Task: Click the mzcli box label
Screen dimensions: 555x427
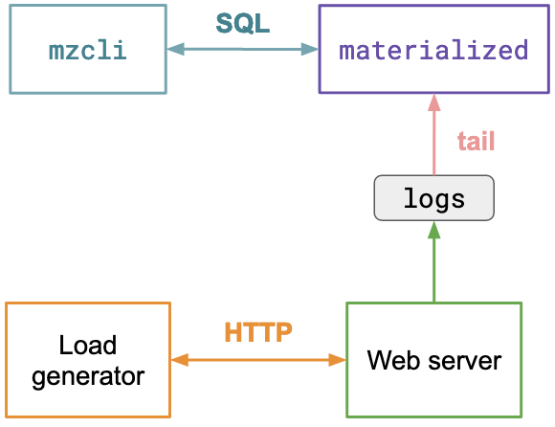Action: coord(87,50)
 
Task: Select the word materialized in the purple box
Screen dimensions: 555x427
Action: coord(433,50)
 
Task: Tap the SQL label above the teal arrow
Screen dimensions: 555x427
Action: coord(243,23)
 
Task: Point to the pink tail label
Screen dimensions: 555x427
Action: coord(476,141)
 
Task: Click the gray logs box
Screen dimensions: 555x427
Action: coord(433,198)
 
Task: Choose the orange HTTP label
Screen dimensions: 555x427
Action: coord(258,332)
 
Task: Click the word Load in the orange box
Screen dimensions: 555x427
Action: coord(87,345)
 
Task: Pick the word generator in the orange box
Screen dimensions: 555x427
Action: coord(88,376)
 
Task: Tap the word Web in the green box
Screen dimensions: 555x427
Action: coord(394,360)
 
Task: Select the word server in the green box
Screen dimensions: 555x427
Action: coord(465,361)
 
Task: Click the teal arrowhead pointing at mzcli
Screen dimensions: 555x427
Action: coord(175,49)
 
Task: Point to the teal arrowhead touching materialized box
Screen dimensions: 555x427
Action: coord(310,49)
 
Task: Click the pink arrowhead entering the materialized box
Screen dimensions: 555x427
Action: coord(433,102)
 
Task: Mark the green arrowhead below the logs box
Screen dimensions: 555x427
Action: coord(433,230)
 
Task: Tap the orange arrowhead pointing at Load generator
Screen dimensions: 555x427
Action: coord(180,360)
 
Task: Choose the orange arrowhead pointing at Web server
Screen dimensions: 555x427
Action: coord(338,360)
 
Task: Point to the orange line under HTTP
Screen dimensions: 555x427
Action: coord(258,360)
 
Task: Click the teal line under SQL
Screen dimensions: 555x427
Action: coord(243,49)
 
